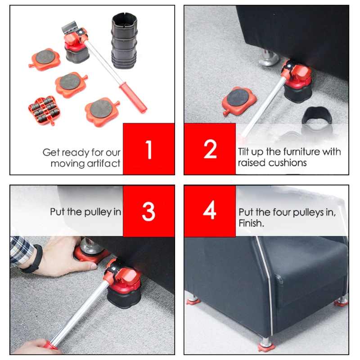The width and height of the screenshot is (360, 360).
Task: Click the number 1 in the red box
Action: (149, 150)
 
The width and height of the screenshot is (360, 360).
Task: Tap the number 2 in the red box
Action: (210, 150)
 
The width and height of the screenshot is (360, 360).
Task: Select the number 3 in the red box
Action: (149, 211)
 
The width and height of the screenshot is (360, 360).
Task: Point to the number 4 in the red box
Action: (210, 211)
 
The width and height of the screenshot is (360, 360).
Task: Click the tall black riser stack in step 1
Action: (123, 41)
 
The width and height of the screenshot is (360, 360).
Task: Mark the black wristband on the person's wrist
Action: (34, 260)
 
